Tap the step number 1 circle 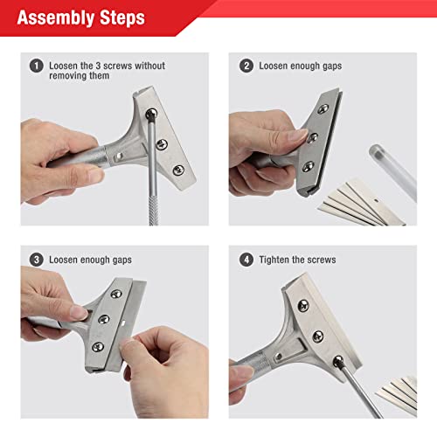pyautogui.click(x=36, y=66)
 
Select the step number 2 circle pyautogui.click(x=246, y=66)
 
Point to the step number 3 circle pyautogui.click(x=36, y=260)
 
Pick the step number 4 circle pyautogui.click(x=246, y=260)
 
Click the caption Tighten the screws pyautogui.click(x=299, y=260)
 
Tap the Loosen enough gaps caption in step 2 pyautogui.click(x=302, y=66)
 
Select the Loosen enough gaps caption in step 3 pyautogui.click(x=92, y=260)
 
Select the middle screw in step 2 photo pyautogui.click(x=312, y=137)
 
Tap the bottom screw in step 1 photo pyautogui.click(x=177, y=169)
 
